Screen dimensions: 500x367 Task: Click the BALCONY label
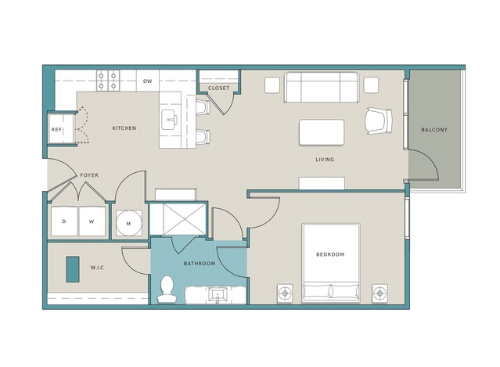pos(434,130)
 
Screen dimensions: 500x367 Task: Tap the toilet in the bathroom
pos(167,290)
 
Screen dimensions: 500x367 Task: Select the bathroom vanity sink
pos(218,295)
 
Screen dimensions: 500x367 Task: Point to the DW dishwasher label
pos(147,81)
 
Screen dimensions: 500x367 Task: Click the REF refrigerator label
pos(56,130)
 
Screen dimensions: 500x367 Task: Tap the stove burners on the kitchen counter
pos(108,81)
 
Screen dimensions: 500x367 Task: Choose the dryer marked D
pos(64,221)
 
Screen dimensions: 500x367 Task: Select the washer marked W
pos(92,221)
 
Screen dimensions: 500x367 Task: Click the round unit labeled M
pos(128,223)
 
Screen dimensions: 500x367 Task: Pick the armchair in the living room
pos(379,121)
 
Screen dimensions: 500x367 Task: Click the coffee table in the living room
pos(322,132)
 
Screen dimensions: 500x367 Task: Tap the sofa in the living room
pos(322,88)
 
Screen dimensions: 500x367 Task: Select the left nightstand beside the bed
pos(285,293)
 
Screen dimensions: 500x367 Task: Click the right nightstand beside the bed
pos(379,293)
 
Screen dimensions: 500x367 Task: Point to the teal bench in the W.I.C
pos(73,269)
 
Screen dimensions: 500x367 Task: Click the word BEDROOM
pos(330,254)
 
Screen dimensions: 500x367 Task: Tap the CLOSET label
pos(218,88)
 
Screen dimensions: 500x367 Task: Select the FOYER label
pos(89,175)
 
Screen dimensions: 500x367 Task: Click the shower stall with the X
pos(185,219)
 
